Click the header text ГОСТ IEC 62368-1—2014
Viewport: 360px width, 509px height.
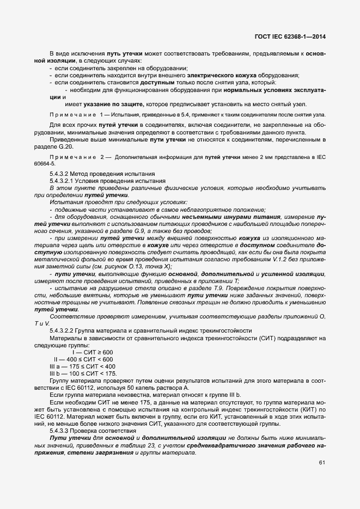tap(294, 38)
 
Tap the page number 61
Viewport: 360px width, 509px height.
tap(321, 463)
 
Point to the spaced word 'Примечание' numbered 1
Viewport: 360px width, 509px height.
tap(71, 115)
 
